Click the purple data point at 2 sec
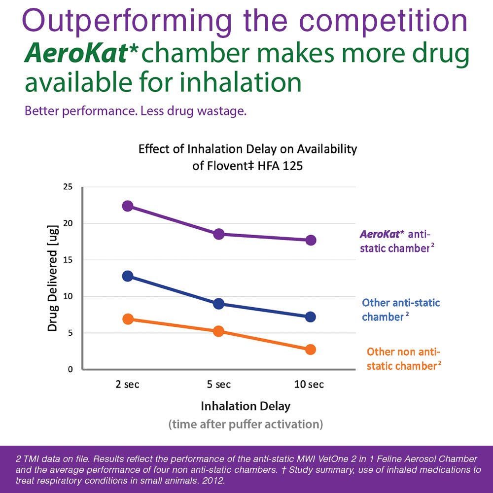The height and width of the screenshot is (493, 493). pyautogui.click(x=128, y=206)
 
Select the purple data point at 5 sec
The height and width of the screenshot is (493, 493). pyautogui.click(x=219, y=234)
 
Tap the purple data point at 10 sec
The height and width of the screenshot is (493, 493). pyautogui.click(x=311, y=240)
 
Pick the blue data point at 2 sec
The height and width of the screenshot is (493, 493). pyautogui.click(x=128, y=276)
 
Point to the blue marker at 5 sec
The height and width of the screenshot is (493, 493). pyautogui.click(x=219, y=303)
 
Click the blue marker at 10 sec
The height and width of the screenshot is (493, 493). pyautogui.click(x=311, y=317)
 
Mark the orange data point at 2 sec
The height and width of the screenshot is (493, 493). pyautogui.click(x=128, y=319)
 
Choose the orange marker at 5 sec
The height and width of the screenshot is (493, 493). pyautogui.click(x=219, y=331)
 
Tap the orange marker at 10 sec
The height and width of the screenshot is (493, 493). pyautogui.click(x=311, y=349)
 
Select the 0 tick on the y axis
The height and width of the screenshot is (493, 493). pyautogui.click(x=70, y=369)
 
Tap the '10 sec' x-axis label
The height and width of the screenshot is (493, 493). pyautogui.click(x=309, y=385)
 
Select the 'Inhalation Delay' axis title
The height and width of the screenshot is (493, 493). pyautogui.click(x=246, y=407)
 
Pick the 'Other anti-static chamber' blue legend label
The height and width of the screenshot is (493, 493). pyautogui.click(x=401, y=310)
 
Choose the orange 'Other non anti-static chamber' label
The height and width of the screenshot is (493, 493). pyautogui.click(x=403, y=358)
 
